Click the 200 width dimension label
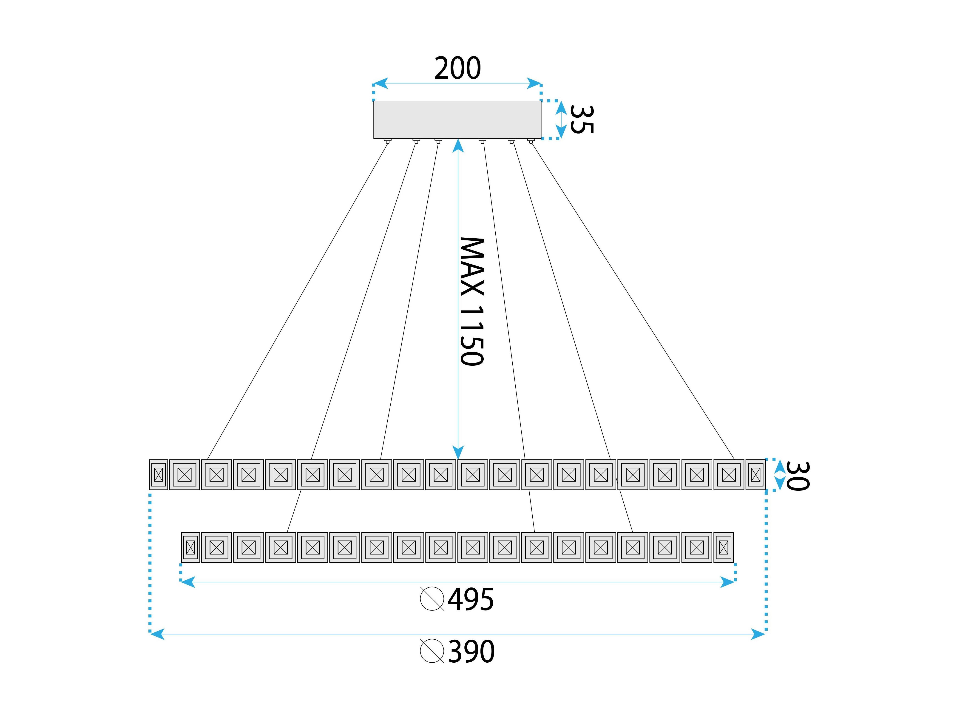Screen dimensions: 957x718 coord(457,68)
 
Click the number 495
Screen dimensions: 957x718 coord(471,600)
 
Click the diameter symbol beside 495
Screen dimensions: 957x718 coord(432,600)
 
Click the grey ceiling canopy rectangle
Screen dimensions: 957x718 coord(457,120)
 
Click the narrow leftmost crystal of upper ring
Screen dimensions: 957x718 coord(158,475)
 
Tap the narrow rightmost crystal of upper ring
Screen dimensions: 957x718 coord(755,475)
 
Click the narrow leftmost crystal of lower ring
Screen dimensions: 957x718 coord(190,547)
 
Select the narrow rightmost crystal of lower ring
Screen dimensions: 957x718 coord(723,547)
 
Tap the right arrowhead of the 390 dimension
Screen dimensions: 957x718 coord(758,635)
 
